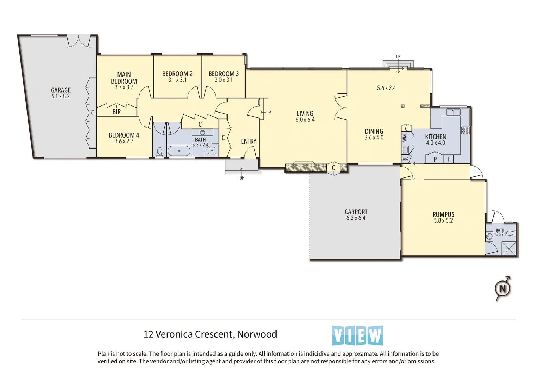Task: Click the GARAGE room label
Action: click(61, 90)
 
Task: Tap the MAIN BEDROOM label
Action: click(124, 78)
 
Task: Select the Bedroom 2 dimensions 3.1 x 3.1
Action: click(177, 80)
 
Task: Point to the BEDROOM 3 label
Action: click(223, 74)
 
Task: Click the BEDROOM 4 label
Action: click(124, 135)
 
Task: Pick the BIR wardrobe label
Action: click(116, 112)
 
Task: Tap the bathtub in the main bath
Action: click(179, 151)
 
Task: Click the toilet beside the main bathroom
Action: click(159, 152)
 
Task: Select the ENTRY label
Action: click(249, 141)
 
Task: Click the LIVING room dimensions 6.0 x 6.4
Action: click(305, 120)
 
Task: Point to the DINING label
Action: click(374, 131)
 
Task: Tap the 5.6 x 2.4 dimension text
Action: click(386, 88)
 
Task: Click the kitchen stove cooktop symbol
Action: click(465, 131)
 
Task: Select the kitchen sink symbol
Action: click(453, 112)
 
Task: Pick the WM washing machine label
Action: click(405, 138)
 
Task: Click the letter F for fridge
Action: click(449, 159)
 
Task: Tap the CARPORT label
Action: click(356, 212)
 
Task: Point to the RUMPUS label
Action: click(443, 214)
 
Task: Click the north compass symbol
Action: click(503, 288)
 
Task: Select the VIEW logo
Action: click(357, 335)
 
